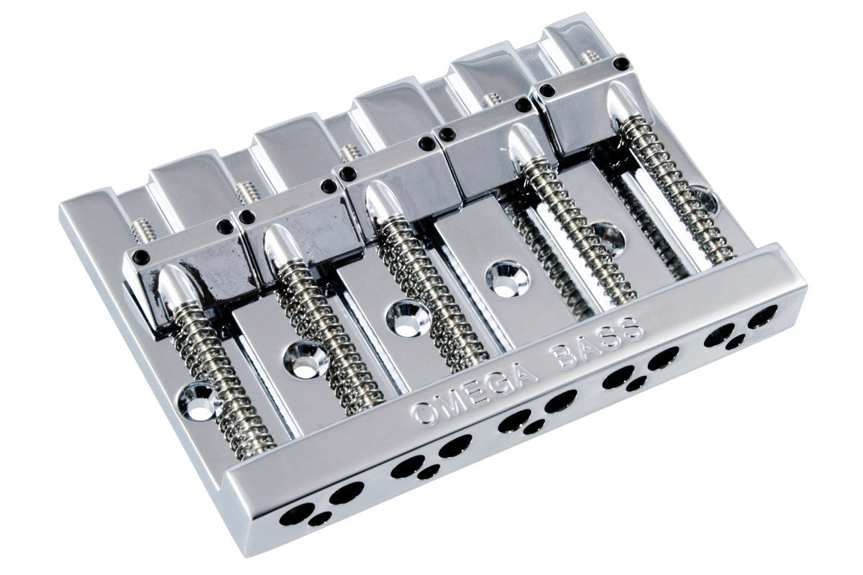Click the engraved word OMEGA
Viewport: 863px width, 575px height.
click(x=474, y=395)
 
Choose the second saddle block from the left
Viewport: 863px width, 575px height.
click(x=298, y=232)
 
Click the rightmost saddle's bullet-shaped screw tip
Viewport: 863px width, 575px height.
click(x=622, y=101)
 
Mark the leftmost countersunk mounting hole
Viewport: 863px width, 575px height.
click(x=198, y=402)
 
